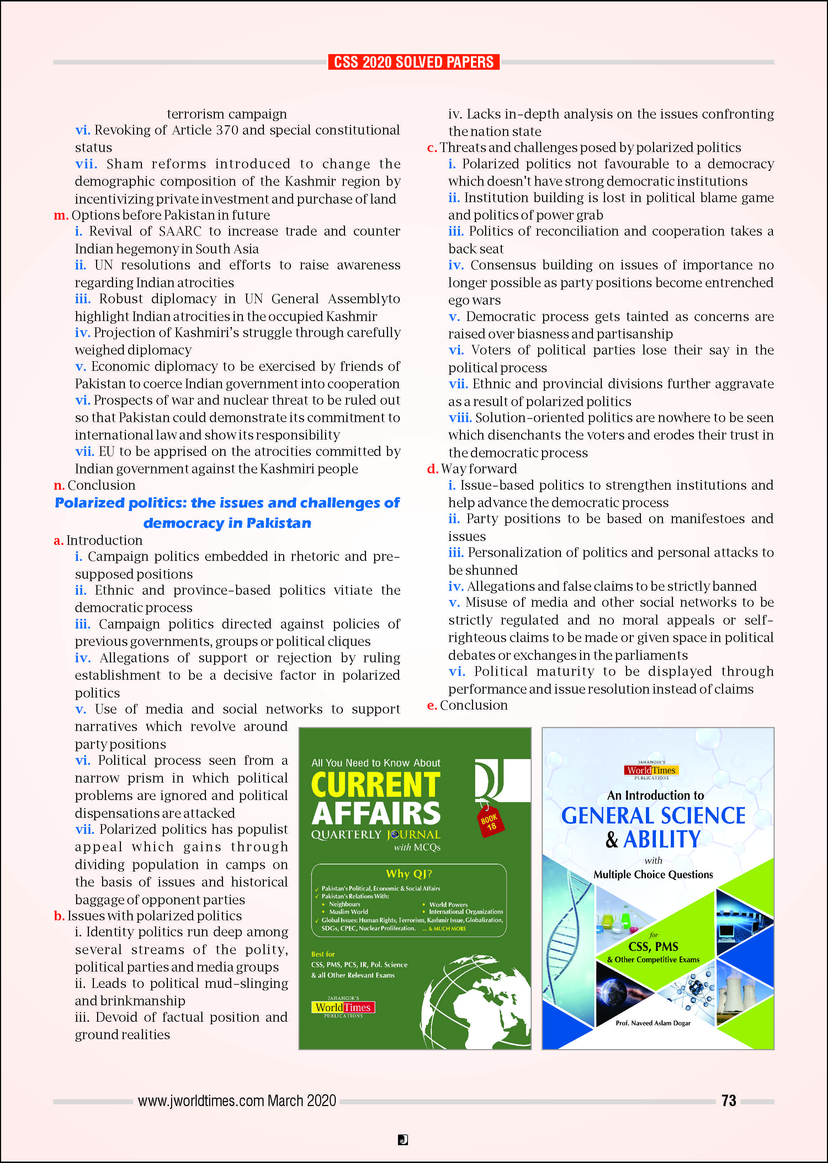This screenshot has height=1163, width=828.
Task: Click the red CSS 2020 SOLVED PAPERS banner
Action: click(414, 62)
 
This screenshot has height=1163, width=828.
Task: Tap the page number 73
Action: click(728, 1100)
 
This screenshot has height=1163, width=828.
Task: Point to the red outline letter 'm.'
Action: click(61, 215)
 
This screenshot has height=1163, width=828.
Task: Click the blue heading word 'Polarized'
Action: click(89, 503)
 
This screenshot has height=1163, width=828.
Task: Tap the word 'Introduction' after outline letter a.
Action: click(105, 540)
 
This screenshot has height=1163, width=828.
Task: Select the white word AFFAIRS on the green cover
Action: click(376, 814)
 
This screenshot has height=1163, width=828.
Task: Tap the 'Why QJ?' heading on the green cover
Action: click(409, 874)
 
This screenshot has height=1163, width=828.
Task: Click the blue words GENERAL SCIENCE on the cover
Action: click(653, 816)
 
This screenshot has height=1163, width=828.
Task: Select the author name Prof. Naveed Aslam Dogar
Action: click(653, 1023)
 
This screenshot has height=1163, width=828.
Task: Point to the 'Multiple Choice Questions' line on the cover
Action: click(653, 874)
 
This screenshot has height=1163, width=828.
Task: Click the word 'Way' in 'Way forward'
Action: click(453, 469)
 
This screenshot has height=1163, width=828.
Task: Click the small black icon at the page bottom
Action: click(403, 1140)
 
